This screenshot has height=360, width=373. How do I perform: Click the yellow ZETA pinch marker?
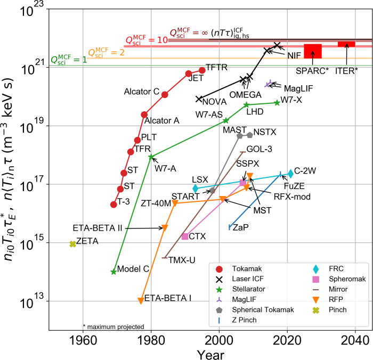[x=72, y=244]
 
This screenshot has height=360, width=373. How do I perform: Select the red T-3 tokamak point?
[x=113, y=204]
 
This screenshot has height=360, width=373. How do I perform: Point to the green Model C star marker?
[x=113, y=272]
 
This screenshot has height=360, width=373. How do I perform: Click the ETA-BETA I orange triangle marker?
[x=141, y=301]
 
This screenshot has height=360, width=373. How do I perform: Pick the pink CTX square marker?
[x=185, y=236]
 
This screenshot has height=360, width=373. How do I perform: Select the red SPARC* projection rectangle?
[x=313, y=51]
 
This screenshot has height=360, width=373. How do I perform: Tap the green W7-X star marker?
[x=277, y=102]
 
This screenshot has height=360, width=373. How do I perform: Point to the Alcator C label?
[x=142, y=91]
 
